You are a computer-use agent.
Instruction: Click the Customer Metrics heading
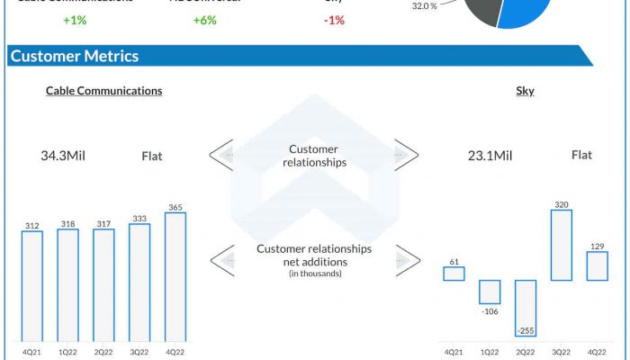pos(74,56)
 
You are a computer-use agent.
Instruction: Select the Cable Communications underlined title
pos(104,91)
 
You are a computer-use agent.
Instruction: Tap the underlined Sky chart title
pos(525,91)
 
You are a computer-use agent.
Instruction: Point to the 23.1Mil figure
pos(490,156)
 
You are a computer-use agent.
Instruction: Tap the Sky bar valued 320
pos(562,245)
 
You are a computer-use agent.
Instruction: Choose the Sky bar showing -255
pos(526,307)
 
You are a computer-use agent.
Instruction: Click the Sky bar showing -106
pos(490,292)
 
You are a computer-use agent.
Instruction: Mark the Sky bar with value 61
pos(454,274)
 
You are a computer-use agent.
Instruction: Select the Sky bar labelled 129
pos(597,265)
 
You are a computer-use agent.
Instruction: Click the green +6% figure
pos(204,20)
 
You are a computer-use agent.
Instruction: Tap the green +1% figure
pos(75,20)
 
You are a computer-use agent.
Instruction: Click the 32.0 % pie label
pos(425,5)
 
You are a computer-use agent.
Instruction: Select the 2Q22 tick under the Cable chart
pos(103,351)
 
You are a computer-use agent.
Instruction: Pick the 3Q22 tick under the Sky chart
pos(562,351)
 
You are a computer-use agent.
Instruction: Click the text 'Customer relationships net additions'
pos(314,255)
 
